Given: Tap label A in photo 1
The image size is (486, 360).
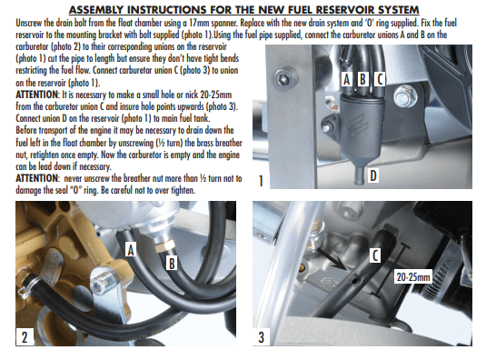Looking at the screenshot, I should point(347,80).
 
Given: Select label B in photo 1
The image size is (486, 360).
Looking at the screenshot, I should point(362,80).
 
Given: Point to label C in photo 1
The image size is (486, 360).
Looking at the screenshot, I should point(379,80).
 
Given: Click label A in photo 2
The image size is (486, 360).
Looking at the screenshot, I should point(131,247).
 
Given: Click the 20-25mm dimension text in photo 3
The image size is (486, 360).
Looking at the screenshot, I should point(417,271).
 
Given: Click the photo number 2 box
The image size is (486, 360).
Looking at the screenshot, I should point(27,337).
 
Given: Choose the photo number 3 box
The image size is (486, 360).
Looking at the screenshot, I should point(263,337).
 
